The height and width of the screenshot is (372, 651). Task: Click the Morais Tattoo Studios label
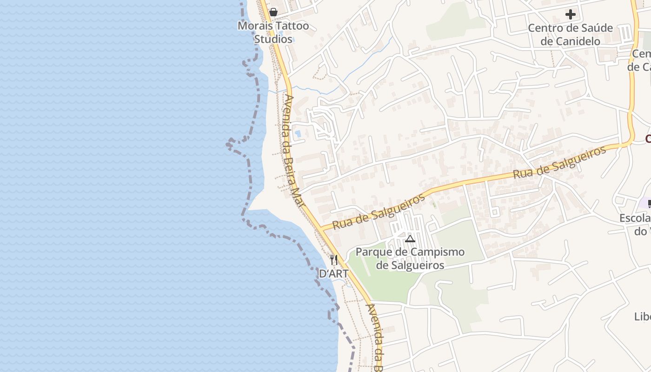point(273,32)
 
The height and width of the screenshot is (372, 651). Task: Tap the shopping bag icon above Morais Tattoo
point(273,12)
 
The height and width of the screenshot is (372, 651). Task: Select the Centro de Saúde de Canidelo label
point(570,34)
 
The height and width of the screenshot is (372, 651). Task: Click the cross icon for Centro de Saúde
point(570,14)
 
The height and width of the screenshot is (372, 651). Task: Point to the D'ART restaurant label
point(333,273)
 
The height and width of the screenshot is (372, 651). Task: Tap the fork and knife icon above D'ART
point(333,259)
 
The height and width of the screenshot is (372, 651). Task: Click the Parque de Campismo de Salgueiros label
point(410,259)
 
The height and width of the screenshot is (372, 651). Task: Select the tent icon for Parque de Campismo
point(410,239)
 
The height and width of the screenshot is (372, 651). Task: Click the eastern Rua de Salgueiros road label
point(560,162)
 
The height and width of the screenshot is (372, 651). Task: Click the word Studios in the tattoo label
point(273,39)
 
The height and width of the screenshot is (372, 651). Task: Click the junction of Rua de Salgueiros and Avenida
point(321,229)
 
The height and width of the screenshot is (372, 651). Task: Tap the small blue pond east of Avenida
point(298,134)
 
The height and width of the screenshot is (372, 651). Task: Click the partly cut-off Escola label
point(635,218)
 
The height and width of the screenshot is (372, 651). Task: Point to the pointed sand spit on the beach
point(251,207)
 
